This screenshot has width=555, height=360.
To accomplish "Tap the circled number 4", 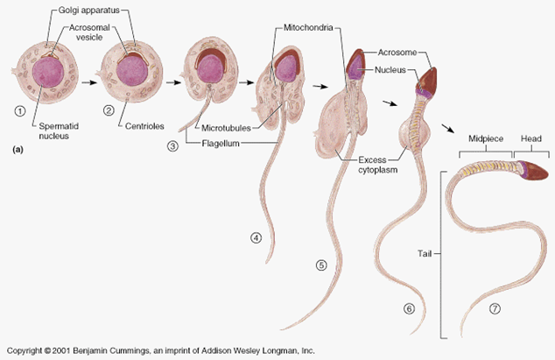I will (256, 237).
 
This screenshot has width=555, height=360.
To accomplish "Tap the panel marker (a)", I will (17, 151).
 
